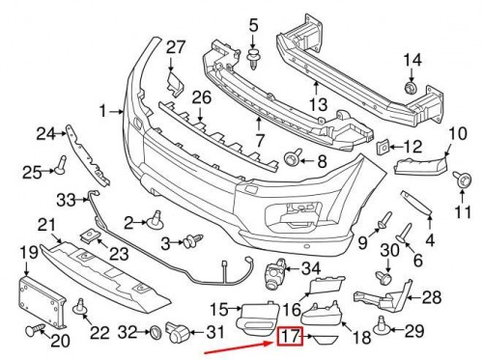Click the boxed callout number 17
[291, 338]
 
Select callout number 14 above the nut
[412, 61]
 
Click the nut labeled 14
[412, 90]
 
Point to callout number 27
[175, 47]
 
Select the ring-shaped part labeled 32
[156, 333]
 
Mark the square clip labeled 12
[383, 148]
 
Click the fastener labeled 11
[464, 180]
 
